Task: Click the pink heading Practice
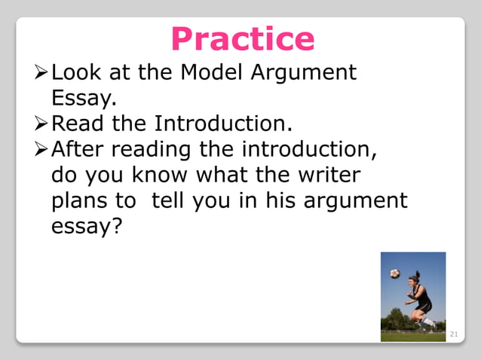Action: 242,38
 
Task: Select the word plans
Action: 81,201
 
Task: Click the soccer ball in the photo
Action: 395,273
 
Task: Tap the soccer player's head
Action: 414,281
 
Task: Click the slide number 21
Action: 454,334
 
